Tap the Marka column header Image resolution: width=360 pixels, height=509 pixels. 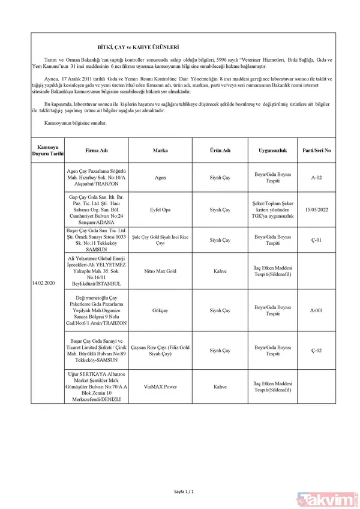(160, 149)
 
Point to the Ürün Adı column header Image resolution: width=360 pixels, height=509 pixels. (220, 149)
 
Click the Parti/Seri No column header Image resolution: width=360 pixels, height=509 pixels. (317, 149)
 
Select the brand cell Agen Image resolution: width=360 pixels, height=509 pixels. (160, 178)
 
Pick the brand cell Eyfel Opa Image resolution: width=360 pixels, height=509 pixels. (160, 209)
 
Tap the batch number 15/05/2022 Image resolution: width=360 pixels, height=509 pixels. (317, 209)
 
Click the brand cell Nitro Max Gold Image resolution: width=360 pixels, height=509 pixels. (160, 271)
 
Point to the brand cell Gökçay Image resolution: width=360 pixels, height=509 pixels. (160, 311)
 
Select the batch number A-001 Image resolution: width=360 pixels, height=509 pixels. (317, 311)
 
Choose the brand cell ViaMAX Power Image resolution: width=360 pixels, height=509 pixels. (160, 387)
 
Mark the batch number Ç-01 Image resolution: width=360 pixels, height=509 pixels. (317, 240)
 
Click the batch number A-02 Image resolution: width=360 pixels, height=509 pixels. (317, 178)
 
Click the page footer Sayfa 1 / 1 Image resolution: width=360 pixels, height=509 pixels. (182, 493)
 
